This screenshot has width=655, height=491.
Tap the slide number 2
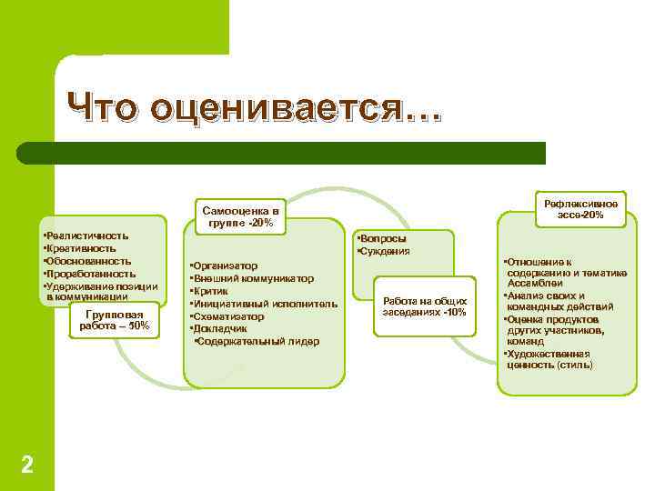[27, 465]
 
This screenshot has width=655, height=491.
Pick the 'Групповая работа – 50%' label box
[116, 320]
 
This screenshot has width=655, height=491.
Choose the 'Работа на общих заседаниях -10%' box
[425, 306]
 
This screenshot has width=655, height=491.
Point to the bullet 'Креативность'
[80, 248]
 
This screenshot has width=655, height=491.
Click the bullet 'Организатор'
[226, 266]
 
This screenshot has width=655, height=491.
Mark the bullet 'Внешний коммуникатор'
[252, 278]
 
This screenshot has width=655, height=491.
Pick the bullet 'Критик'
[210, 291]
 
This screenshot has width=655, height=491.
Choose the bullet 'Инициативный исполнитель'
[264, 304]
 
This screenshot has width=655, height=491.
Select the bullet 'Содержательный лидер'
[257, 341]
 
